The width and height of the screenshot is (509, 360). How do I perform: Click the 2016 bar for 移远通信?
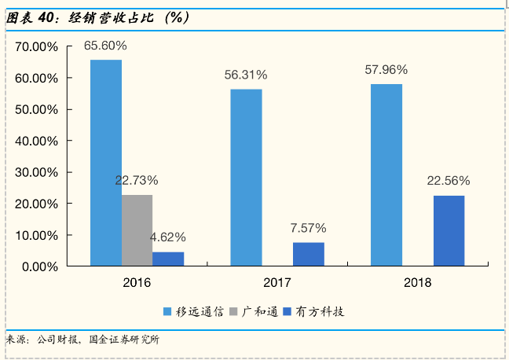[x=106, y=163]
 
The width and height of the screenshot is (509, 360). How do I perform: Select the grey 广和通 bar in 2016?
[x=137, y=230]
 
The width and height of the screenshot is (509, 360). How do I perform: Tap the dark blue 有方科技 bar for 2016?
[x=168, y=259]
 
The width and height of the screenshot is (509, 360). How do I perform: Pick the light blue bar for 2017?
[x=246, y=178]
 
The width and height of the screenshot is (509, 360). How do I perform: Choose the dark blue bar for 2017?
[x=309, y=254]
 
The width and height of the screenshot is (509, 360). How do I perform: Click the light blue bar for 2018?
[x=386, y=175]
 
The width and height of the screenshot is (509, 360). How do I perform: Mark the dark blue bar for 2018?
[x=449, y=230]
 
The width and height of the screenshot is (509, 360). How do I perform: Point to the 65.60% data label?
[x=105, y=46]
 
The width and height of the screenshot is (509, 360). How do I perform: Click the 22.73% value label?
[x=137, y=180]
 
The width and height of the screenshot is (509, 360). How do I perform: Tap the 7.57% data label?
[x=309, y=228]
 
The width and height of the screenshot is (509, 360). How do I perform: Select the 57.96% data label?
[x=386, y=70]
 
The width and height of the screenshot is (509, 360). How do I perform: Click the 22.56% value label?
[x=449, y=181]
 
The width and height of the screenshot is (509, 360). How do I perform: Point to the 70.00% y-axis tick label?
[x=36, y=47]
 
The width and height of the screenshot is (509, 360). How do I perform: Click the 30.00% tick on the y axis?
[x=36, y=172]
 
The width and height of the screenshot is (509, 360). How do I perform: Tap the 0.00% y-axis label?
[x=40, y=267]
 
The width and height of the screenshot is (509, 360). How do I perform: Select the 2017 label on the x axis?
[x=277, y=283]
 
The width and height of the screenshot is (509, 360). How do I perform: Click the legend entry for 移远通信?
[x=193, y=312]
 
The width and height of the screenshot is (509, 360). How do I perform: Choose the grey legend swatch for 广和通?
[x=233, y=311]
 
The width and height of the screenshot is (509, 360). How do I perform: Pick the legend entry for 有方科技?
[x=313, y=312]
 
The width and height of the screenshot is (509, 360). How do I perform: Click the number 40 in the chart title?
[x=46, y=18]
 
